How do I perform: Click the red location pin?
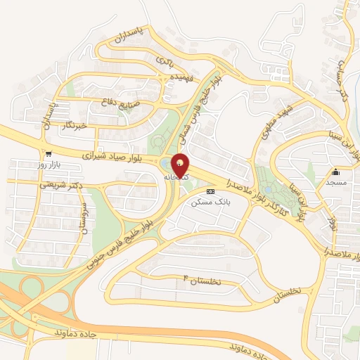181,165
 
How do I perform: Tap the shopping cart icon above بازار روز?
48,155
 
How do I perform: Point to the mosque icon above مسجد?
335,172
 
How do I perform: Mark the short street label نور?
331,224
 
